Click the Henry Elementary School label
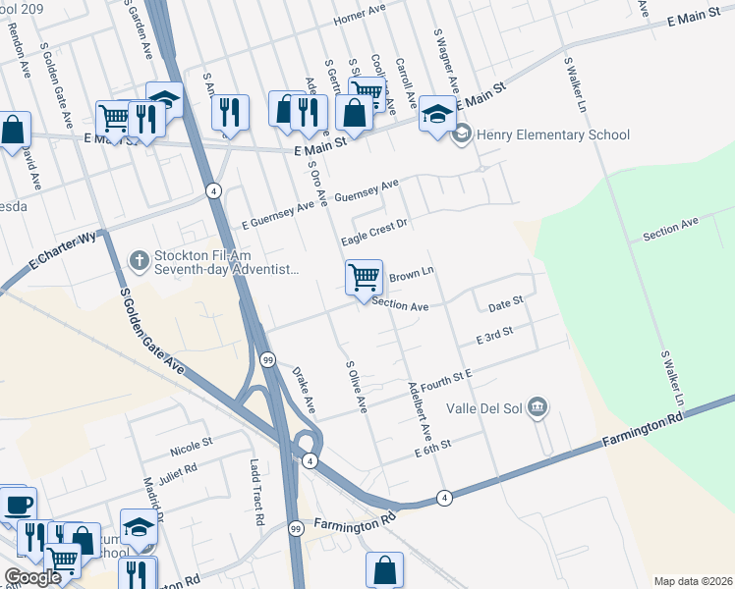coord(552,134)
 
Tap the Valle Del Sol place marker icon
coord(537,407)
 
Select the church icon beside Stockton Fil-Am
coord(140,260)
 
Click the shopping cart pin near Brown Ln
coord(364,278)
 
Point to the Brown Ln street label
coord(412,277)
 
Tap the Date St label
coord(505,306)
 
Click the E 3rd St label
coord(494,338)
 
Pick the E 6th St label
coord(432,446)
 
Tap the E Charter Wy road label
coord(65,251)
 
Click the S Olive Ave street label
coord(356,386)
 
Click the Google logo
coord(32,577)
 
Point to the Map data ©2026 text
coord(692,581)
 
